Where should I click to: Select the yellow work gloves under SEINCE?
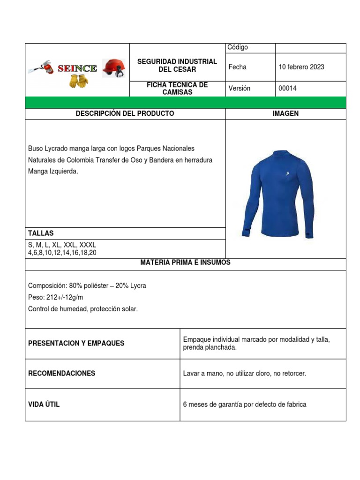click(78, 81)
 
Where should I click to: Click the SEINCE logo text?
click(77, 69)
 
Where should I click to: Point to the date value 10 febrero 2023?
click(301, 67)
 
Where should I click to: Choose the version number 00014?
click(288, 89)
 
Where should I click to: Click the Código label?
click(238, 47)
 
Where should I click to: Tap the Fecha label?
click(237, 67)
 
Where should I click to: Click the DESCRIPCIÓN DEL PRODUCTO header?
click(125, 113)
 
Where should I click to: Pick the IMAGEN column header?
click(285, 113)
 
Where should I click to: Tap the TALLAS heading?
click(41, 233)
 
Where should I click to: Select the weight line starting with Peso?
click(56, 297)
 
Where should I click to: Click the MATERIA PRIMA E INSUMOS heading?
click(185, 262)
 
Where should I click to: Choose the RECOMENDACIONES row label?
click(62, 373)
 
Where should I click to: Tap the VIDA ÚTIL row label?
click(44, 404)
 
